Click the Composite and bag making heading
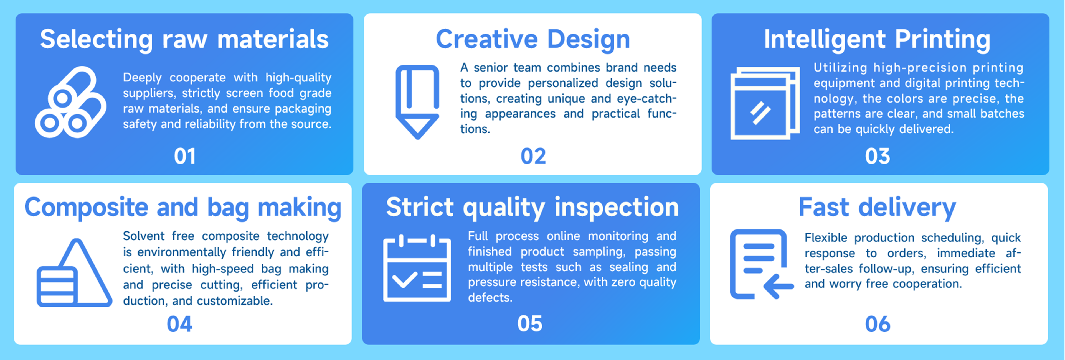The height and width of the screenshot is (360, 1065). tap(183, 208)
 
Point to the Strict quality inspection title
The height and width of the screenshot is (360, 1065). tap(532, 208)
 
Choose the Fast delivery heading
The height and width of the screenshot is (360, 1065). tap(877, 208)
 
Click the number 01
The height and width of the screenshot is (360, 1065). tap(185, 156)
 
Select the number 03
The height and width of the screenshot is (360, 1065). tap(877, 156)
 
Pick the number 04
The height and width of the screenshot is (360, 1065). tap(179, 324)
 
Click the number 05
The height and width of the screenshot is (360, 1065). tap(530, 324)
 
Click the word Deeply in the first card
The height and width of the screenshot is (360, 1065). tap(142, 78)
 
